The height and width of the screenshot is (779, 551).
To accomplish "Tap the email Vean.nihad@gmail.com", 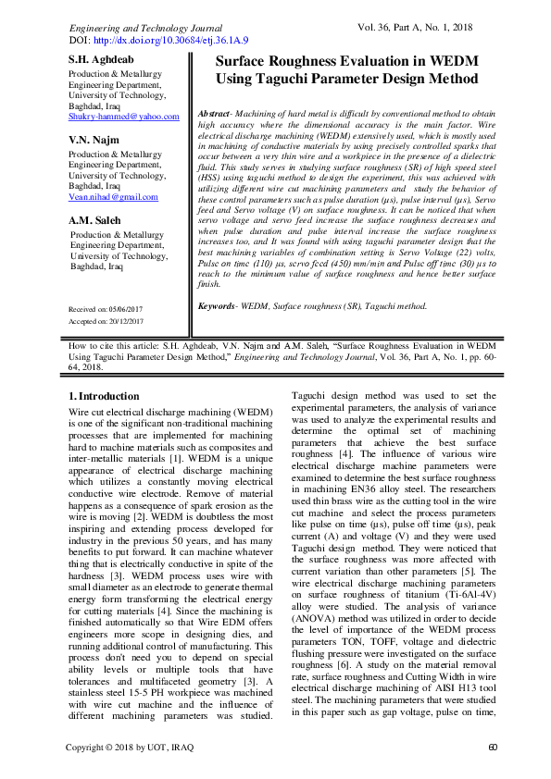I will (x=113, y=197).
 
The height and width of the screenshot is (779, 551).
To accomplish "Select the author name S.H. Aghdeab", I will (x=100, y=60).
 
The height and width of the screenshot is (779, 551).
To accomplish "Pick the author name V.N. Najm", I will (x=94, y=139).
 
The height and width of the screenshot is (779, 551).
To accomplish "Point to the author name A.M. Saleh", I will (x=96, y=220).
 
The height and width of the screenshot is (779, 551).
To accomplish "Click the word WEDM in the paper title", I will (x=450, y=61).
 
